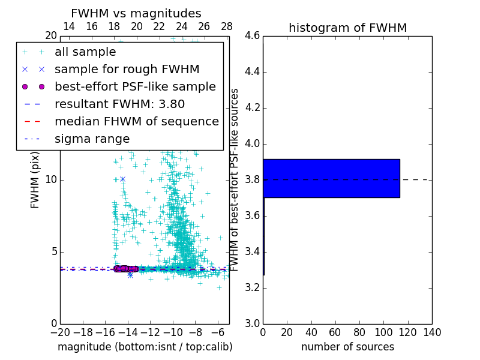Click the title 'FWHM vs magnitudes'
[x=136, y=13]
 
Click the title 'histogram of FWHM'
[x=347, y=28]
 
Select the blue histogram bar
[x=331, y=178]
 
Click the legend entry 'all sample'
[x=85, y=52]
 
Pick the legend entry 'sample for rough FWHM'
[x=127, y=69]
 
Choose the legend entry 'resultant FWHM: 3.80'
[x=119, y=104]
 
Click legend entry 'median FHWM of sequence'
[x=137, y=121]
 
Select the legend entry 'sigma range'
[x=92, y=139]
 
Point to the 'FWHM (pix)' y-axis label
[x=35, y=180]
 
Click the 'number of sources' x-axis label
[x=347, y=347]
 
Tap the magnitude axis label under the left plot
[x=145, y=347]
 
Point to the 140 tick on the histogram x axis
[x=431, y=332]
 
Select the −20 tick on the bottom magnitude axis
[x=60, y=332]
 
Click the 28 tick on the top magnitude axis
[x=227, y=26]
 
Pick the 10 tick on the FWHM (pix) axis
[x=50, y=180]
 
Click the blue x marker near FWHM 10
[x=122, y=179]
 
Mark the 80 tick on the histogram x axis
[x=359, y=332]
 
